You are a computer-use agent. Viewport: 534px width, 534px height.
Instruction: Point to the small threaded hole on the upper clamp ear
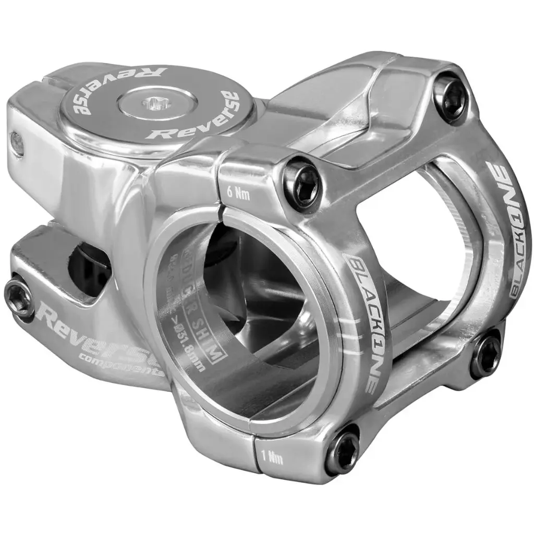[x=17, y=143]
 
